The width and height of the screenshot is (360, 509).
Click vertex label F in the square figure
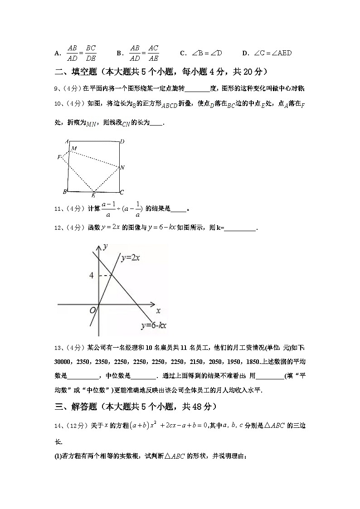tap(59, 157)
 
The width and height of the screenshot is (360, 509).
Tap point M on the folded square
tap(73, 149)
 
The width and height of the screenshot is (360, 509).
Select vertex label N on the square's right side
tap(122, 168)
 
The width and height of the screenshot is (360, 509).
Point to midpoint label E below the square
tap(93, 195)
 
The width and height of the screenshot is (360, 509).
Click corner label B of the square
tap(65, 192)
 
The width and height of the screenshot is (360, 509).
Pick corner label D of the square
tap(122, 142)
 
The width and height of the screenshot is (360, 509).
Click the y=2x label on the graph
tap(130, 258)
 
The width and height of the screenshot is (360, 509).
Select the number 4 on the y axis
tap(91, 276)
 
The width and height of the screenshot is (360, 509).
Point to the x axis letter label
tap(158, 311)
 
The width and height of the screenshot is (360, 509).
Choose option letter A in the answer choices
tap(57, 53)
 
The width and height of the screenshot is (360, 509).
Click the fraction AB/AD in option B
tap(134, 53)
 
